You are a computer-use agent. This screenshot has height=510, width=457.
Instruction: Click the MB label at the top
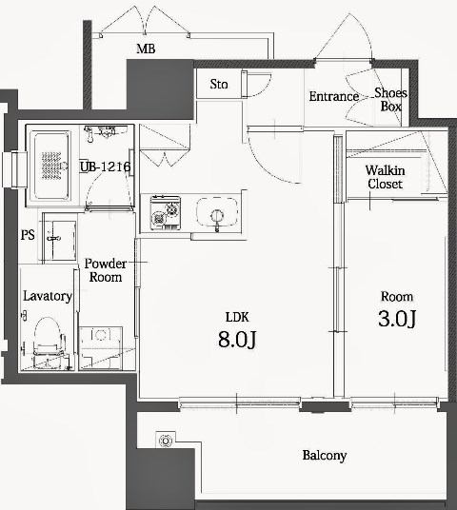146,49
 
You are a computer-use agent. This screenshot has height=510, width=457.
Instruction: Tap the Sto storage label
219,84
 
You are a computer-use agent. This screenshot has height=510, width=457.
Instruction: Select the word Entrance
333,96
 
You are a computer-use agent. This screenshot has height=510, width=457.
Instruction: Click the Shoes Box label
390,99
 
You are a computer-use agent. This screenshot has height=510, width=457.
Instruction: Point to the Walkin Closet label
385,177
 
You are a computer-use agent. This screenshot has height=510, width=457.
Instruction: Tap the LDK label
237,316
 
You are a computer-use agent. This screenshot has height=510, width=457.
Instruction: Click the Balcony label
325,456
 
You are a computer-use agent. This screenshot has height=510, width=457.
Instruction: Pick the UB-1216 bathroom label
105,167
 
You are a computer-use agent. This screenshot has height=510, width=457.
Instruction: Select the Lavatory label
48,296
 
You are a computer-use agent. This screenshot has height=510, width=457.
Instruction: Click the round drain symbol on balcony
166,441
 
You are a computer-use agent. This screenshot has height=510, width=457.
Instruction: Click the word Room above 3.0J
396,295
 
